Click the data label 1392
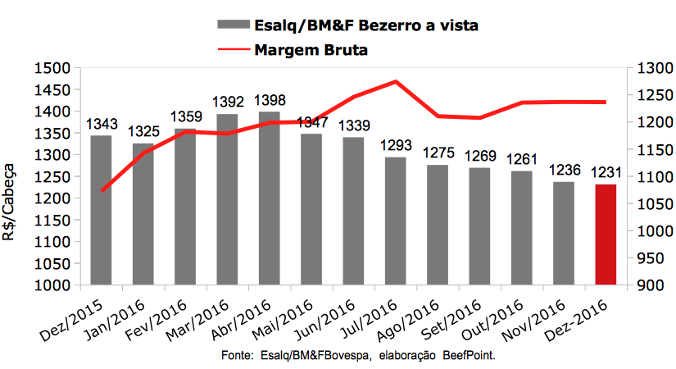(227, 102)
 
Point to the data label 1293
(395, 146)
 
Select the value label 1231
(606, 174)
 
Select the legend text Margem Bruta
(311, 50)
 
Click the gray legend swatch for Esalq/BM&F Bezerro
(233, 26)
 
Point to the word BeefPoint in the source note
(471, 358)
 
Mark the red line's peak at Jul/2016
(396, 81)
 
